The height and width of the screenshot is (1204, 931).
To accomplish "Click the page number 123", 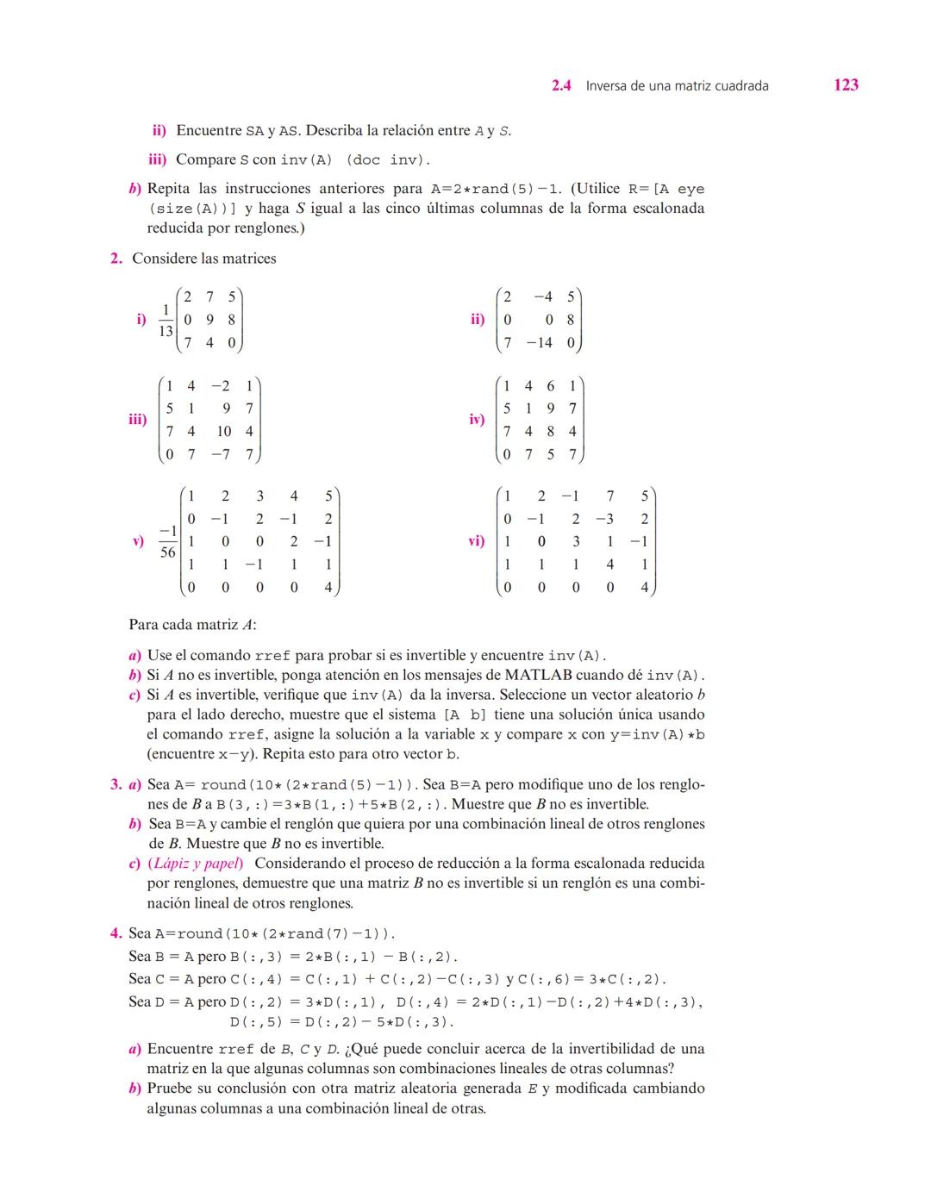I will (x=846, y=84).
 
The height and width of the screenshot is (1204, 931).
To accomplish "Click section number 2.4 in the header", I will (x=561, y=85).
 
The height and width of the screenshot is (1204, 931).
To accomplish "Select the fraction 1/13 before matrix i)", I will (x=166, y=320).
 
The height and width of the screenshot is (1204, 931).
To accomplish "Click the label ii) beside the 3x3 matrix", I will (x=478, y=320).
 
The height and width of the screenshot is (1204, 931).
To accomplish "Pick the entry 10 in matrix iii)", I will (x=224, y=431).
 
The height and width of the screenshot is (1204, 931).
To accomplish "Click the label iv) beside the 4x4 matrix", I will (x=477, y=420).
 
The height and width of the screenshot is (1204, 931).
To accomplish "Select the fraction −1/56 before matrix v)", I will (x=168, y=541).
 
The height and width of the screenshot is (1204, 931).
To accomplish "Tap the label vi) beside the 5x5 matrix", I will (x=476, y=541).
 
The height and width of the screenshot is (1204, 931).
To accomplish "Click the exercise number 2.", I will (x=116, y=259).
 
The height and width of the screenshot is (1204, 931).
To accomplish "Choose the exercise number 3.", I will (x=116, y=784).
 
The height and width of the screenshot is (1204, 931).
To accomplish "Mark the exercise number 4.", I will (x=116, y=933).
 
